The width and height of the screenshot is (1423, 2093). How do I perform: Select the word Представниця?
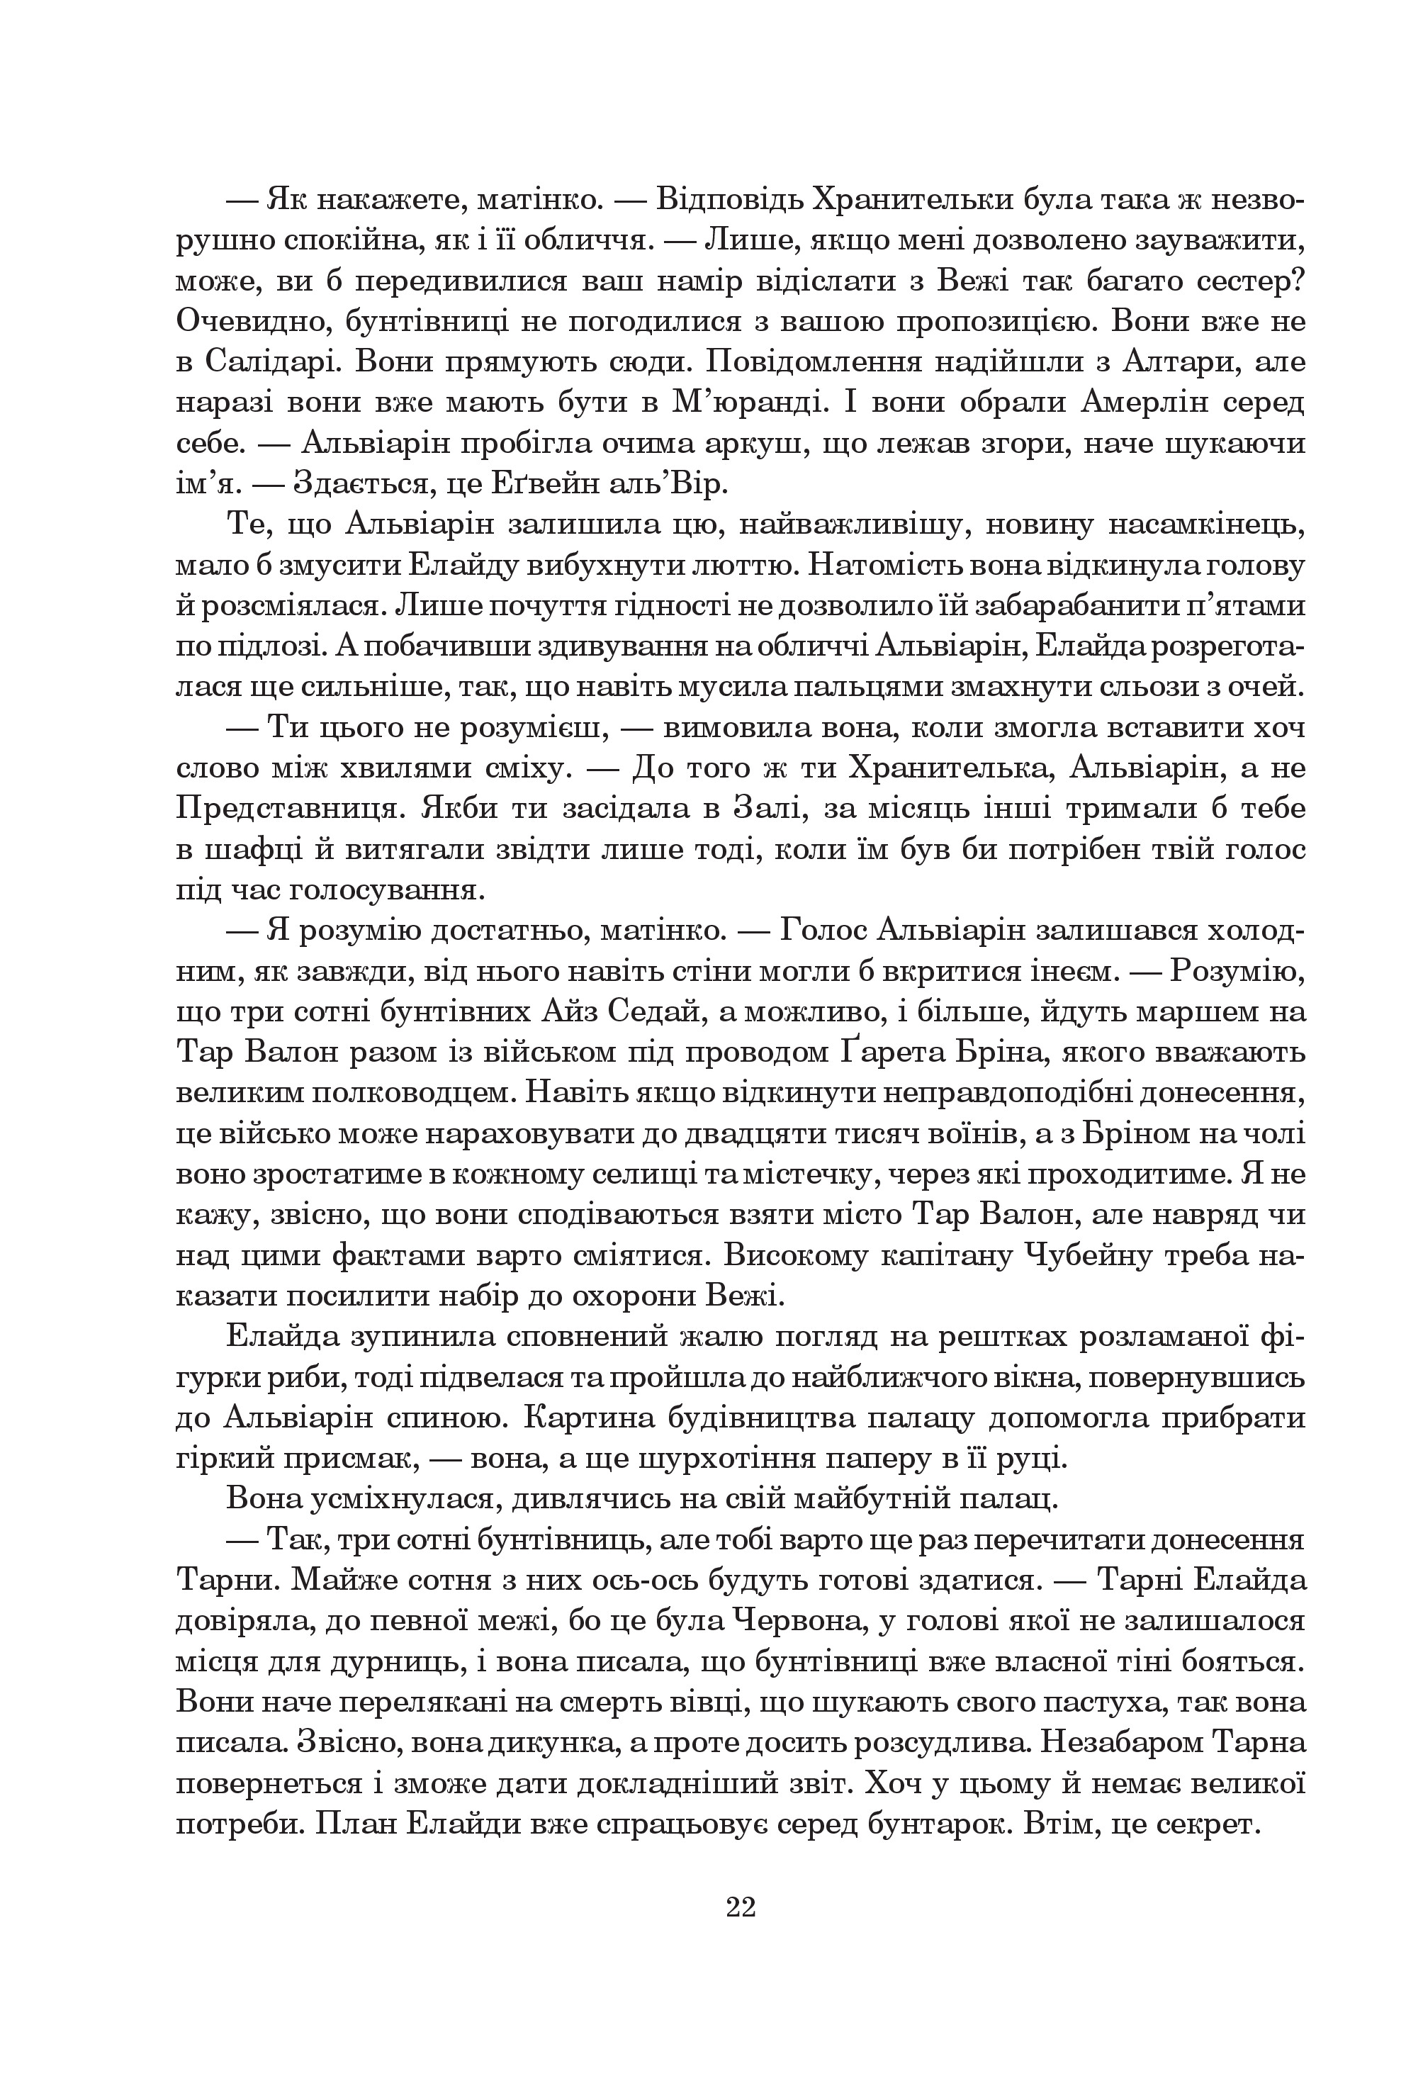(x=288, y=809)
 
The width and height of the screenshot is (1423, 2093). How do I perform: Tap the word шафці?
(x=242, y=849)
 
